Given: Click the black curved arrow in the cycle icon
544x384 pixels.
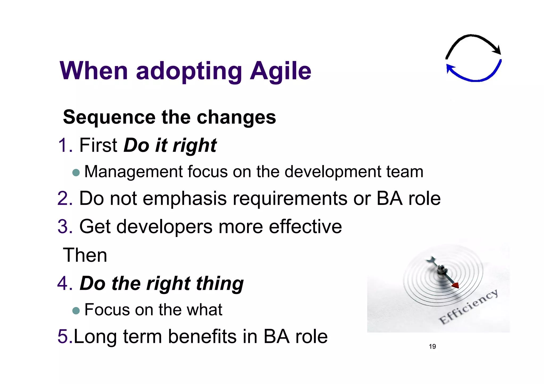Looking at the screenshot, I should [473, 40].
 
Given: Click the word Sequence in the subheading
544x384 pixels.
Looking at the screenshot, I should [109, 117].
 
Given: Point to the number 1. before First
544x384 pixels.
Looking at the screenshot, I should [65, 145].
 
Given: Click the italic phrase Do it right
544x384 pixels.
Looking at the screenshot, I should [170, 145].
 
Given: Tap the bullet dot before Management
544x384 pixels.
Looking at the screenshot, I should [76, 173].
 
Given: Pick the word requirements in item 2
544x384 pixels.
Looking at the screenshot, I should [290, 199].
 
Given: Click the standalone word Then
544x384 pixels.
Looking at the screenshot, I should [85, 255].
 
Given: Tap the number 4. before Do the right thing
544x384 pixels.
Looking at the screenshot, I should [65, 283].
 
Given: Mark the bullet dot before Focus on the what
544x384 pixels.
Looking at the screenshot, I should [76, 311].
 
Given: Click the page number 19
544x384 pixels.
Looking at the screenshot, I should [432, 346].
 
